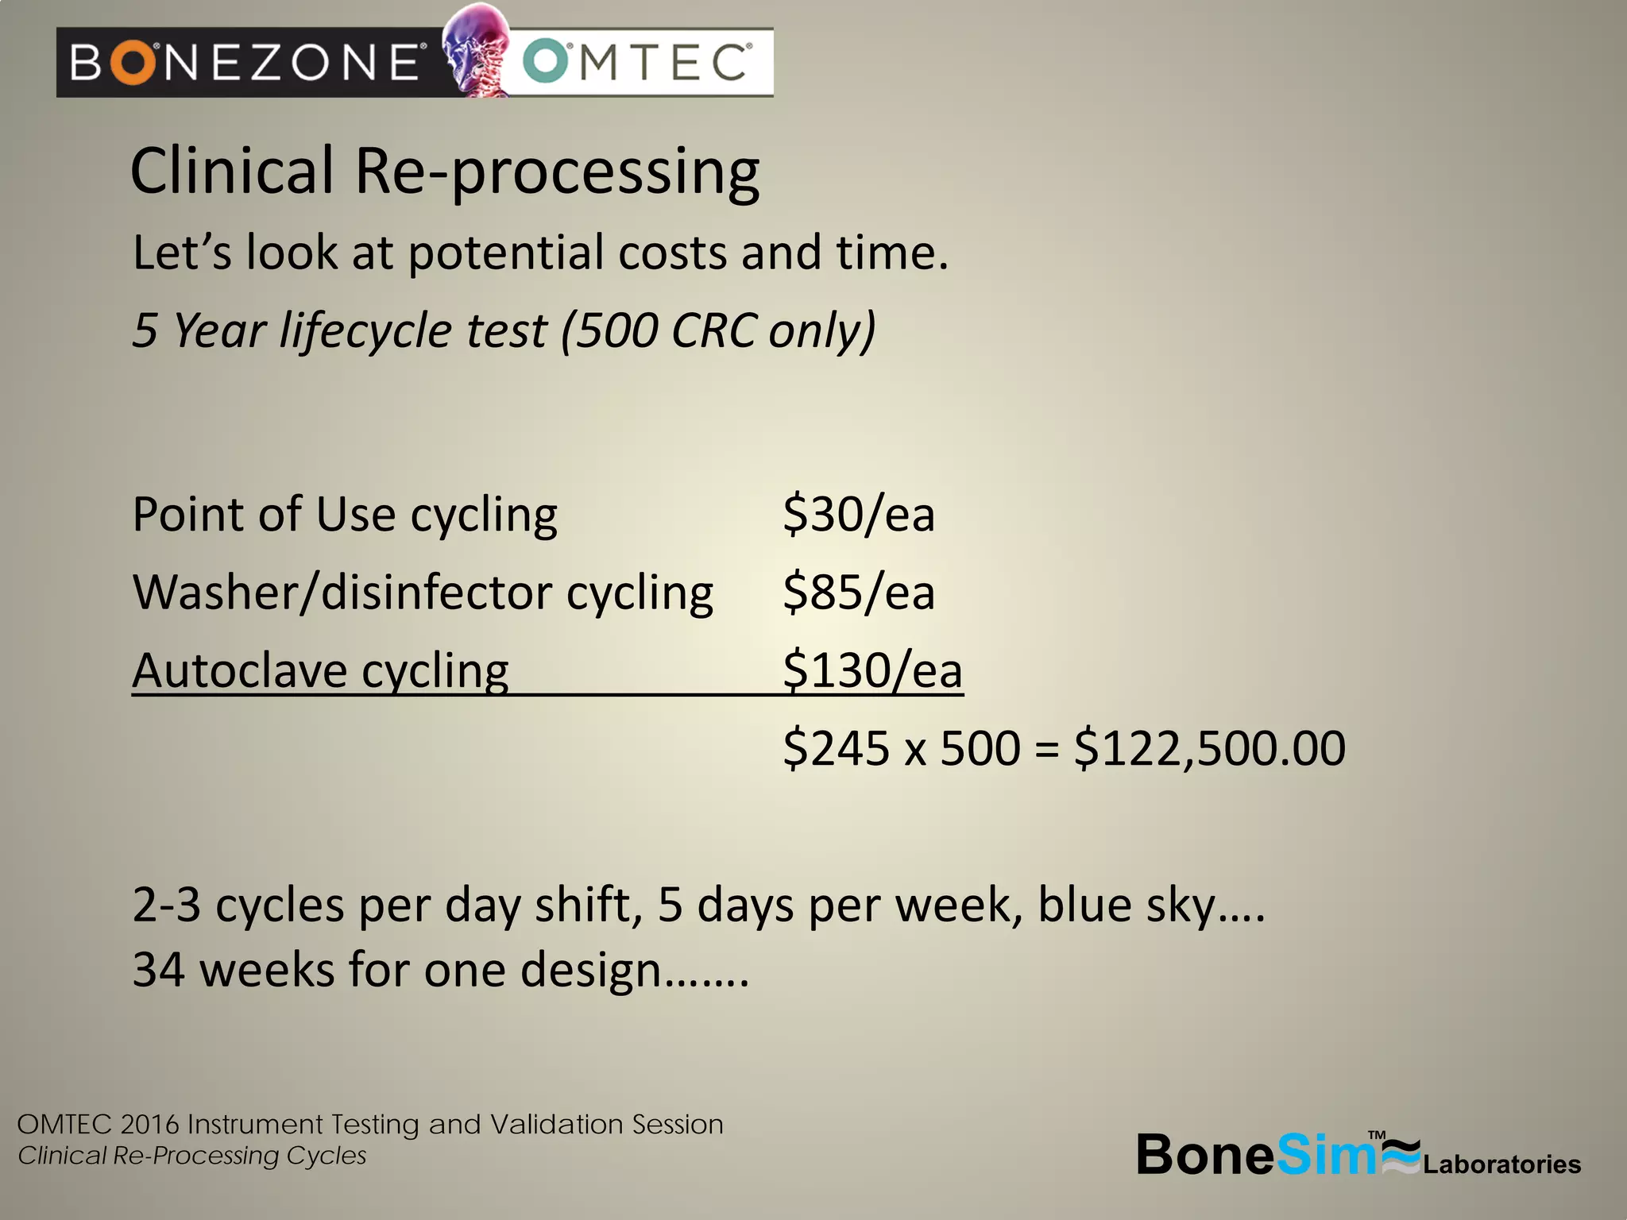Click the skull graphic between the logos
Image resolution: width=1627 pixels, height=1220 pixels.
tap(475, 49)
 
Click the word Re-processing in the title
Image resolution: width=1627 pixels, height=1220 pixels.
tap(557, 173)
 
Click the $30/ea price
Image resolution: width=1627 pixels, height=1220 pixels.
tap(858, 514)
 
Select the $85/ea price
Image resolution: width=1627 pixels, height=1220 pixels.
tap(858, 593)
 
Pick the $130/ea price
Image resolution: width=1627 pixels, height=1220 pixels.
tap(872, 670)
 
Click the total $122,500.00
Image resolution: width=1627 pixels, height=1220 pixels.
tap(1209, 748)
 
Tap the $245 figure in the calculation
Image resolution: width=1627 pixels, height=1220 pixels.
tap(836, 748)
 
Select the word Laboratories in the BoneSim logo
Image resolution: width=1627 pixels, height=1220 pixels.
tap(1501, 1164)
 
